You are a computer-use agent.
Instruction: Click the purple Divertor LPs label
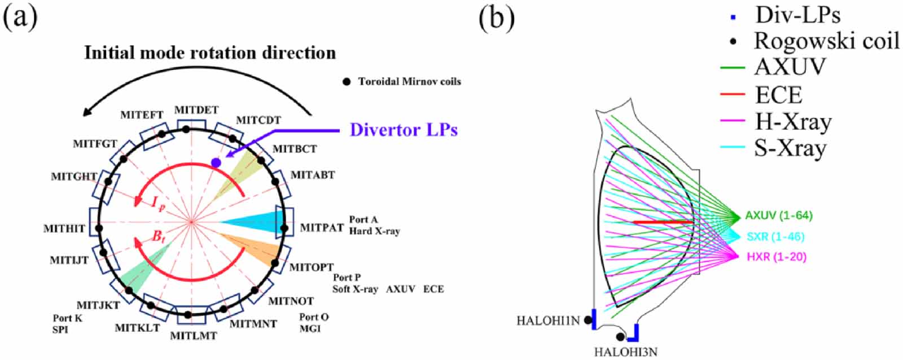[403, 130]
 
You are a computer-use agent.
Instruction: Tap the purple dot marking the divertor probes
[216, 163]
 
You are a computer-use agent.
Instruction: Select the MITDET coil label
[196, 110]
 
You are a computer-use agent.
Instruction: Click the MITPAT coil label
[322, 228]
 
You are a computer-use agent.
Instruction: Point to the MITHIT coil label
[64, 229]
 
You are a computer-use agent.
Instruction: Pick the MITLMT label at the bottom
[194, 336]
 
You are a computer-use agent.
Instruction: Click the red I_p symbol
[158, 203]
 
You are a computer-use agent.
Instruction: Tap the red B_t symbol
[159, 236]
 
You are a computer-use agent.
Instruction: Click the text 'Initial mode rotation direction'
[210, 53]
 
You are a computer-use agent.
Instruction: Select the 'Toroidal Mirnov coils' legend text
[409, 82]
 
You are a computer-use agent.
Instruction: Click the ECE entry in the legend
[778, 95]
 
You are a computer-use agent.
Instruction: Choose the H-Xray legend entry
[793, 122]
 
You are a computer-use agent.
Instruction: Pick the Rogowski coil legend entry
[827, 41]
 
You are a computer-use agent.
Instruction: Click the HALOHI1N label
[548, 321]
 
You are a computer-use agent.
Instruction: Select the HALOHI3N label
[625, 352]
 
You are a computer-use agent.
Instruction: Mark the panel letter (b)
[497, 18]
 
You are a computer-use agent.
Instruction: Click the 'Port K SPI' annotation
[67, 323]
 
